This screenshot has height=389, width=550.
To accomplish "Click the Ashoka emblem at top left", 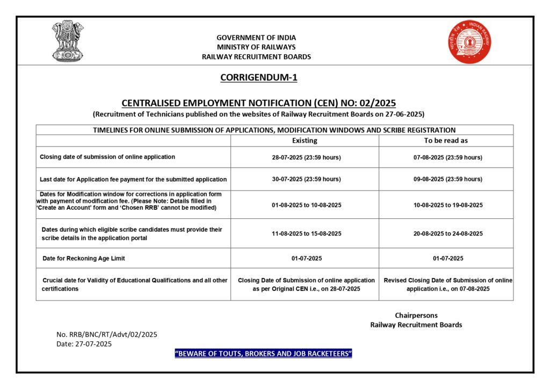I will click(x=68, y=41).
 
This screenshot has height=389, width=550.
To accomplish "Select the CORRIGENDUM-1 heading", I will click(x=259, y=78).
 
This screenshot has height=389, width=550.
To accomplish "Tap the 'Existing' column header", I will click(x=305, y=141).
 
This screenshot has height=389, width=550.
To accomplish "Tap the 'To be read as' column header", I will click(x=446, y=141).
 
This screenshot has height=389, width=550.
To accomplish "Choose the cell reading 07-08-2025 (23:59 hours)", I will click(x=446, y=157).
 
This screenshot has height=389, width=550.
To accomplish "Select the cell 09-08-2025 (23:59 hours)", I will click(x=446, y=179).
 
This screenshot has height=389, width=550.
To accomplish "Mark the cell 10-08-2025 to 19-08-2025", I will click(x=446, y=205).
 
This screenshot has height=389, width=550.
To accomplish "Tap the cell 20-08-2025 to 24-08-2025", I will click(x=446, y=233).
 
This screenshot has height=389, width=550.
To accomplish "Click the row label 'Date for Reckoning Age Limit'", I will click(x=84, y=259).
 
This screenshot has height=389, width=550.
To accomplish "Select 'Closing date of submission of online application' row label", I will click(x=107, y=157).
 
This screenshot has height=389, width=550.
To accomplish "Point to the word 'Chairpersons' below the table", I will click(x=416, y=315).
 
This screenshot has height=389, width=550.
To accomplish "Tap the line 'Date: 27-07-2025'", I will click(x=84, y=344).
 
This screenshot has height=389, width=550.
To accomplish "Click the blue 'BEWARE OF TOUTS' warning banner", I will click(x=263, y=354).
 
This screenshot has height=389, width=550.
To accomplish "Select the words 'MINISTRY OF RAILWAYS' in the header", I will click(x=256, y=47).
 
